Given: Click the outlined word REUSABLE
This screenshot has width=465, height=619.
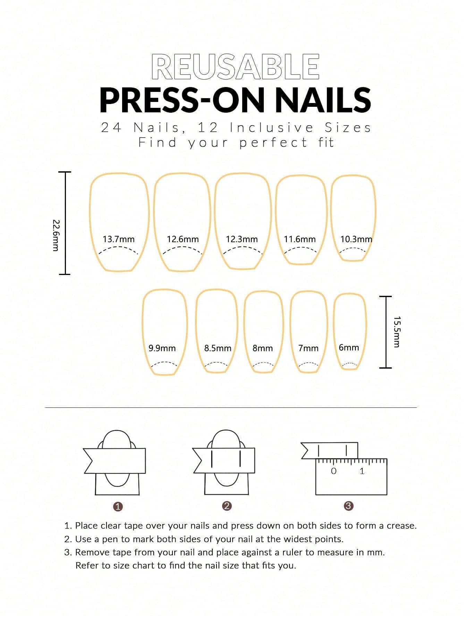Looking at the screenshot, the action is (235, 66).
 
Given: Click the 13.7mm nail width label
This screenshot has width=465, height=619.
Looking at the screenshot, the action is (119, 239).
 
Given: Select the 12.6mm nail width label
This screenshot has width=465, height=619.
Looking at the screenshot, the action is (183, 239).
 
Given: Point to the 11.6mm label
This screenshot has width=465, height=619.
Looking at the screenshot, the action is (300, 239).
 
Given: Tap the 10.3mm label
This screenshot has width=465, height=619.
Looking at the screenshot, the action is (356, 239).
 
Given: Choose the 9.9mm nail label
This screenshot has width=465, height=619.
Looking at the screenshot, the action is (162, 348).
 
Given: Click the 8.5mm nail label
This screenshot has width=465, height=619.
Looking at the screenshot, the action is (218, 348).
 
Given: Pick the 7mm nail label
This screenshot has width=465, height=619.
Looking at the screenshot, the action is (308, 348).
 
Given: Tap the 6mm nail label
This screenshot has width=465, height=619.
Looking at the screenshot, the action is (349, 347).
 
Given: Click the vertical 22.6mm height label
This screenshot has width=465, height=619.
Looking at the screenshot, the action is (56, 235).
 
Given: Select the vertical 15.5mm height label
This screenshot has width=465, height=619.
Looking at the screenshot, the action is (397, 332).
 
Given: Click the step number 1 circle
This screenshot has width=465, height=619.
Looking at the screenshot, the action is (118, 507).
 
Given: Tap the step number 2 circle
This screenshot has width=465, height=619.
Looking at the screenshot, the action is (227, 506).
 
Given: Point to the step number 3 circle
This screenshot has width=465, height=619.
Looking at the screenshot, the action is (349, 506).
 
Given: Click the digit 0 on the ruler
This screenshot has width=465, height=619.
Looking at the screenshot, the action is (334, 471).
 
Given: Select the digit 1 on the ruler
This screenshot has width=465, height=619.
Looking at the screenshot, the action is (362, 471).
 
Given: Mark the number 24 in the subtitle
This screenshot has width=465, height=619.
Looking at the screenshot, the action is (112, 128).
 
